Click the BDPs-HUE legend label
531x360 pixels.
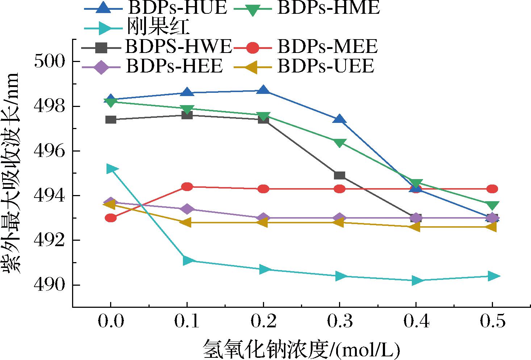coord(177,8)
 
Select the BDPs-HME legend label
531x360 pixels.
coord(329,8)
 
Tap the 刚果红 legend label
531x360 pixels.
coord(158,27)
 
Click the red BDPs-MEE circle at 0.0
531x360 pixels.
coord(110,218)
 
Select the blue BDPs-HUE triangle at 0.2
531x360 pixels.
coord(263,90)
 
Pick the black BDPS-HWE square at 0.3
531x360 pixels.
coord(339,175)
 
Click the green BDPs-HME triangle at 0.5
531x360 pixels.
coord(492,205)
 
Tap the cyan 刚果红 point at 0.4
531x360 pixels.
coord(417,281)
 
